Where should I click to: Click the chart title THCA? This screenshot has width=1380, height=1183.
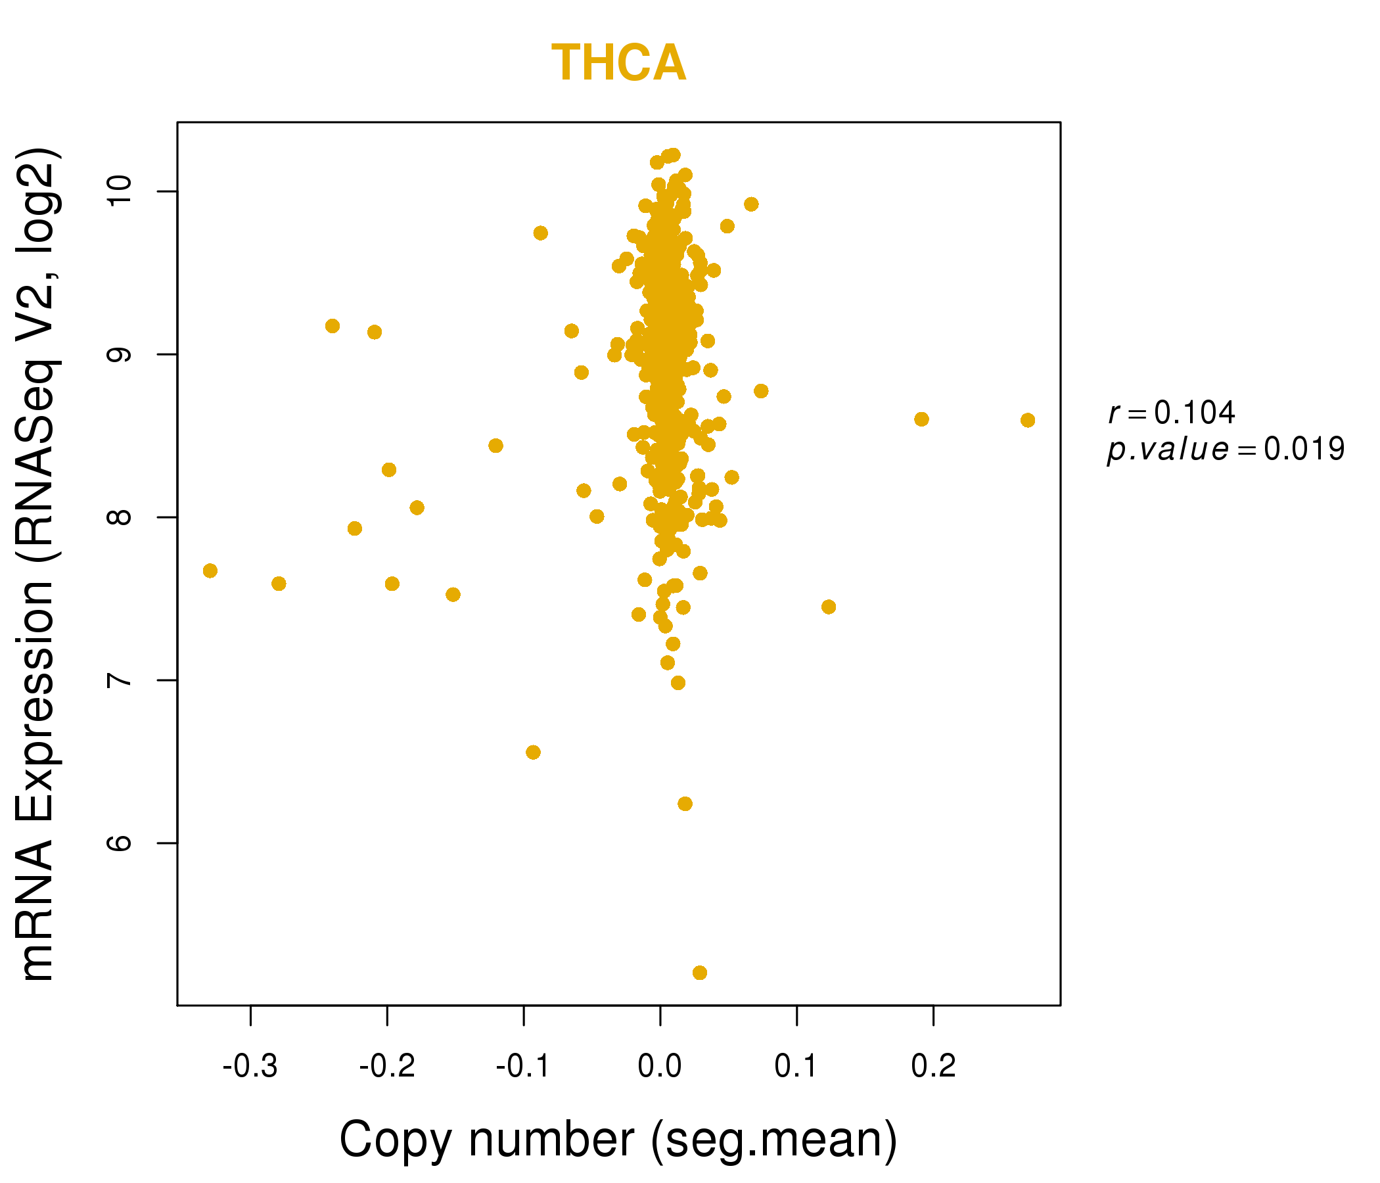pos(618,64)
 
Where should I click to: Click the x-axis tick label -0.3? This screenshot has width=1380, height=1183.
pos(250,1066)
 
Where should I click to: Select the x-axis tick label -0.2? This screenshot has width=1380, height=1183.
pos(387,1066)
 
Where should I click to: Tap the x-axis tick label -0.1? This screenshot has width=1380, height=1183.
pos(524,1066)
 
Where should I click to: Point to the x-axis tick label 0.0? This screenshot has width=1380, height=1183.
pos(659,1066)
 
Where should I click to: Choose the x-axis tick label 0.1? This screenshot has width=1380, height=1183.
pos(796,1066)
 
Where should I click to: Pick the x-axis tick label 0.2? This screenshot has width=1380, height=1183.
pos(933,1066)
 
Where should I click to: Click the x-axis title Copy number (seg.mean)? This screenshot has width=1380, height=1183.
pos(618,1140)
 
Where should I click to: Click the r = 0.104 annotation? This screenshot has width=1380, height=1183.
pos(1172,413)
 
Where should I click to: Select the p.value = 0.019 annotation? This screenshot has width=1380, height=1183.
pos(1226,450)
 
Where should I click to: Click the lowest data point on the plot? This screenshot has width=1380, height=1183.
pos(699,973)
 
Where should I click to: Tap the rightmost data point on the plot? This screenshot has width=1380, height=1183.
pos(1027,421)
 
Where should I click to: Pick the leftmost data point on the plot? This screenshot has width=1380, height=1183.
pos(210,571)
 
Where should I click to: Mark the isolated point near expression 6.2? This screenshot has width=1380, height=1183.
pos(685,804)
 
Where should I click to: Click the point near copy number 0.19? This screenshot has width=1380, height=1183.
pos(921,419)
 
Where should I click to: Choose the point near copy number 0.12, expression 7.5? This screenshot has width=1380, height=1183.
pos(829,607)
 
